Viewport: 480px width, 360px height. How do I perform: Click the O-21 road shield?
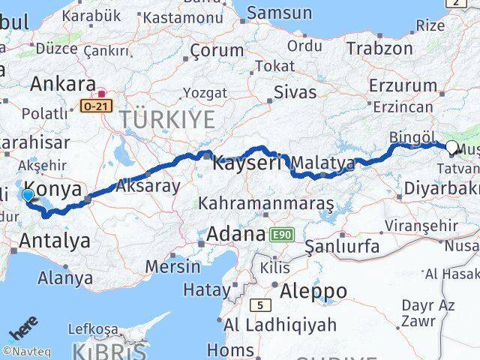(96, 106)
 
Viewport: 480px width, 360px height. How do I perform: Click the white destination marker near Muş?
(453, 148)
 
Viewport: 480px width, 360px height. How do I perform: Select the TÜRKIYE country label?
(169, 118)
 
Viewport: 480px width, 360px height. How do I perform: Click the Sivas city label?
(294, 92)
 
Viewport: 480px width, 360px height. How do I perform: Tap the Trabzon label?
(379, 48)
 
